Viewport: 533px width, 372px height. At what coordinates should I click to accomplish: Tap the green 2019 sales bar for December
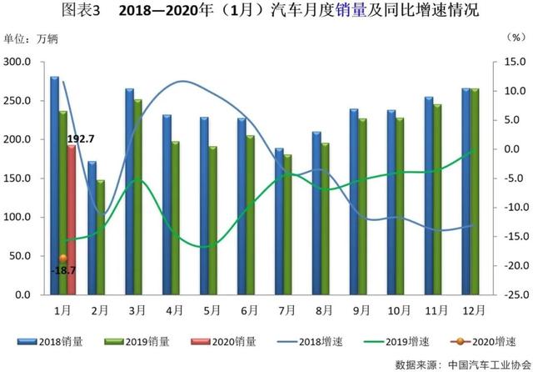click(475, 192)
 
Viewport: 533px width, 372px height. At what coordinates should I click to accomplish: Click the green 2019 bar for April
click(175, 219)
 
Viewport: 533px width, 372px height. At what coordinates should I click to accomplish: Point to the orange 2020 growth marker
click(62, 259)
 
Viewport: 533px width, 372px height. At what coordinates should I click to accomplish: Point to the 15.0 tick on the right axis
click(515, 63)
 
